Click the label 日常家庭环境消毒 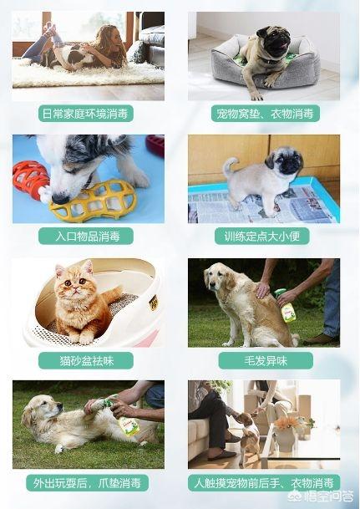(x=86, y=114)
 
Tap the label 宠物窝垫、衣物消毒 (x=266, y=114)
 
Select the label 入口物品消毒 (x=86, y=236)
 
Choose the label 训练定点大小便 (x=262, y=236)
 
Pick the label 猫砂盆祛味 (x=86, y=361)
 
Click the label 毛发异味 (x=266, y=361)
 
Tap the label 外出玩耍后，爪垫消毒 (x=87, y=483)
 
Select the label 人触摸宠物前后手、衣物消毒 (x=264, y=483)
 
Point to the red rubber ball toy (x=30, y=179)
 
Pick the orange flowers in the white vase (x=286, y=422)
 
